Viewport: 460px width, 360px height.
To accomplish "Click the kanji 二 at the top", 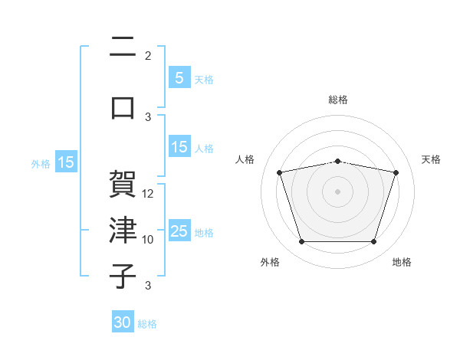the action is [x=123, y=46].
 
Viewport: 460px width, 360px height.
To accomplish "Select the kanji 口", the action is [x=123, y=108].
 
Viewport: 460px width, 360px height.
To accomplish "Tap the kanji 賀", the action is [x=123, y=184].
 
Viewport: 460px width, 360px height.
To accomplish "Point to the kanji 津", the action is [x=123, y=230].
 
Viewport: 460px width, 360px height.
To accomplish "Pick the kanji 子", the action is [x=123, y=276].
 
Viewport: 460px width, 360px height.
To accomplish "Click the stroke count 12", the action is [x=147, y=194].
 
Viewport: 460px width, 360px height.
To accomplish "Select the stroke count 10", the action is [x=147, y=240].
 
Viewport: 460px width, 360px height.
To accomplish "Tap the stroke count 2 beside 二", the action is [x=148, y=56].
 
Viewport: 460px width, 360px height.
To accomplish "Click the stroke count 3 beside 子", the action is [x=148, y=286].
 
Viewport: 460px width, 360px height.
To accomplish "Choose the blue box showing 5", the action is [x=179, y=77].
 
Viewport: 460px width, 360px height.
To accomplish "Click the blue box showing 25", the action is [x=179, y=230].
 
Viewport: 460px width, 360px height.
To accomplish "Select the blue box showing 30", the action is [x=123, y=321].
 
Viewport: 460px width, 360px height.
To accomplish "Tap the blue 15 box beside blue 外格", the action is [x=66, y=162].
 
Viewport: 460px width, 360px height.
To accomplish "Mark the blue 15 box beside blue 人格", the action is [x=179, y=146].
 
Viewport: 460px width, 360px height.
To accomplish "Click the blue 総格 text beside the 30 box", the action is [x=147, y=324].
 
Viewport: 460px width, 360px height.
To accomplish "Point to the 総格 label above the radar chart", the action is [x=338, y=100].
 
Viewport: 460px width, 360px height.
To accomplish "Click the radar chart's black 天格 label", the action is [x=431, y=159].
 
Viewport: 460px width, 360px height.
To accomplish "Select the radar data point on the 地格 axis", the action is [x=374, y=242].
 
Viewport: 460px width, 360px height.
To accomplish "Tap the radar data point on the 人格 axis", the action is [x=280, y=172].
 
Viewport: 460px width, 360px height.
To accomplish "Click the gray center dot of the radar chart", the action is [x=337, y=191].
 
